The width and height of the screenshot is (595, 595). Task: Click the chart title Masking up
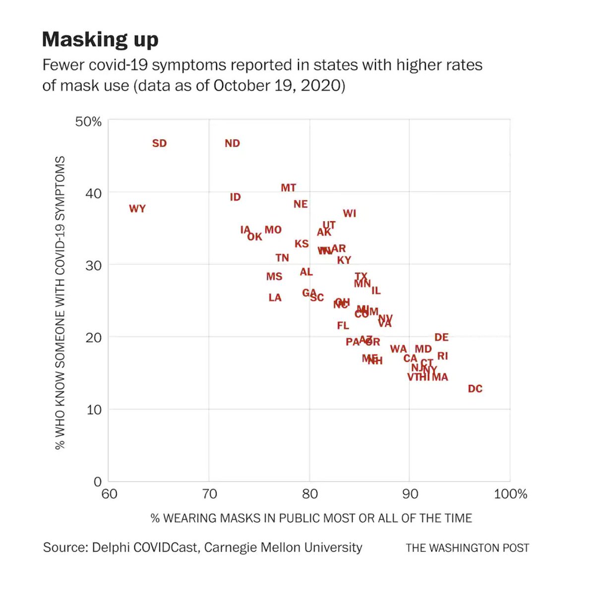100,39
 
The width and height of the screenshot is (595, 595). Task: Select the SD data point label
159,143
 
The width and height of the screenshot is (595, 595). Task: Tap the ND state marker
232,143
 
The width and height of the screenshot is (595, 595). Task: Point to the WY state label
137,209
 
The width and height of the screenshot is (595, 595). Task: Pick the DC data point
475,389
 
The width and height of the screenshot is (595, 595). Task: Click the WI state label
350,213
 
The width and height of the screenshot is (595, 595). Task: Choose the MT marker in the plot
288,188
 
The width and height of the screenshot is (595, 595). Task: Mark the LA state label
275,297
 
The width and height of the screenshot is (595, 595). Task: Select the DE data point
441,337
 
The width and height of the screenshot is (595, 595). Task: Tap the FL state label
343,326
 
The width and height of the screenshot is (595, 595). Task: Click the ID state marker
235,197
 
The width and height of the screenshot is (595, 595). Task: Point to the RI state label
443,356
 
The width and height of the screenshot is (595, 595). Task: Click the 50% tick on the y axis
88,121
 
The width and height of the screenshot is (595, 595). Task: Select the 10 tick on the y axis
93,410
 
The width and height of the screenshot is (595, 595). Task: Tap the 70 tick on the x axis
209,494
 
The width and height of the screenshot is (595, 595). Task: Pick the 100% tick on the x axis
511,494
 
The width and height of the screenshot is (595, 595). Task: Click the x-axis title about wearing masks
311,518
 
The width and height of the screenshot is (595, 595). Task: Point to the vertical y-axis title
60,302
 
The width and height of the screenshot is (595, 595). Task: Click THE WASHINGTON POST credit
467,548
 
